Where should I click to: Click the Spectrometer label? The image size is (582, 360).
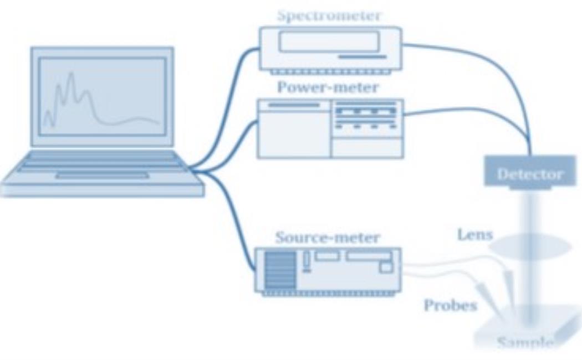point(329,16)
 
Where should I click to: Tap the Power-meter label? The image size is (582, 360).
point(328,88)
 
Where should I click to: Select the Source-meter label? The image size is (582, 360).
point(328,238)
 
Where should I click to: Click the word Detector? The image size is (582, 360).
point(529,174)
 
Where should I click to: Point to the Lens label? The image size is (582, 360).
point(474,234)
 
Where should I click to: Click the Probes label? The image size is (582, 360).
point(450,305)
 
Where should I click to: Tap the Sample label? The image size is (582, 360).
point(524,343)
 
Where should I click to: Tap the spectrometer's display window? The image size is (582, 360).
point(329,42)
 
